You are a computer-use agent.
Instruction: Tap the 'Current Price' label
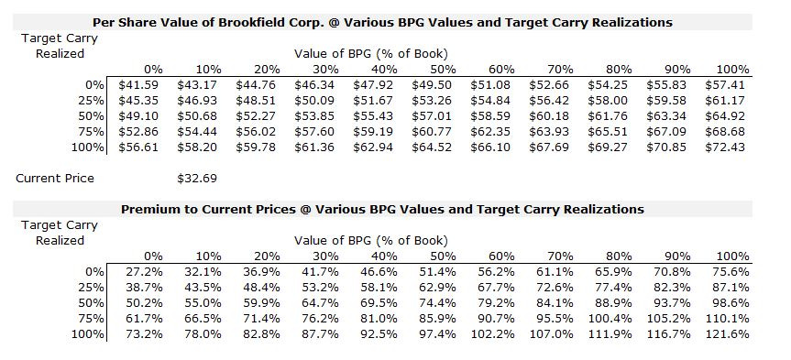coord(55,178)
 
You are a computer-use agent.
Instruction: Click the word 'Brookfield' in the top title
coord(280,22)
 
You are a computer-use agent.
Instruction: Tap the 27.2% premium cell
coord(144,271)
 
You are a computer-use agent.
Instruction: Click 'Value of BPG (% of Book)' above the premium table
coord(371,240)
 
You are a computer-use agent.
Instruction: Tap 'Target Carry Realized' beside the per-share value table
coord(60,46)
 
